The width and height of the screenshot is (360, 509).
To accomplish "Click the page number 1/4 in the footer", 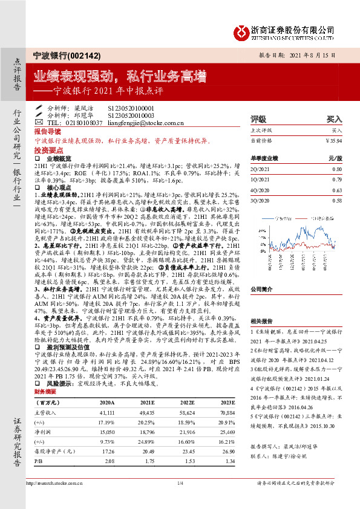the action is [x=180, y=483].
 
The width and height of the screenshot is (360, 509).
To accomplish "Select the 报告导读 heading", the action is [x=47, y=131].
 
